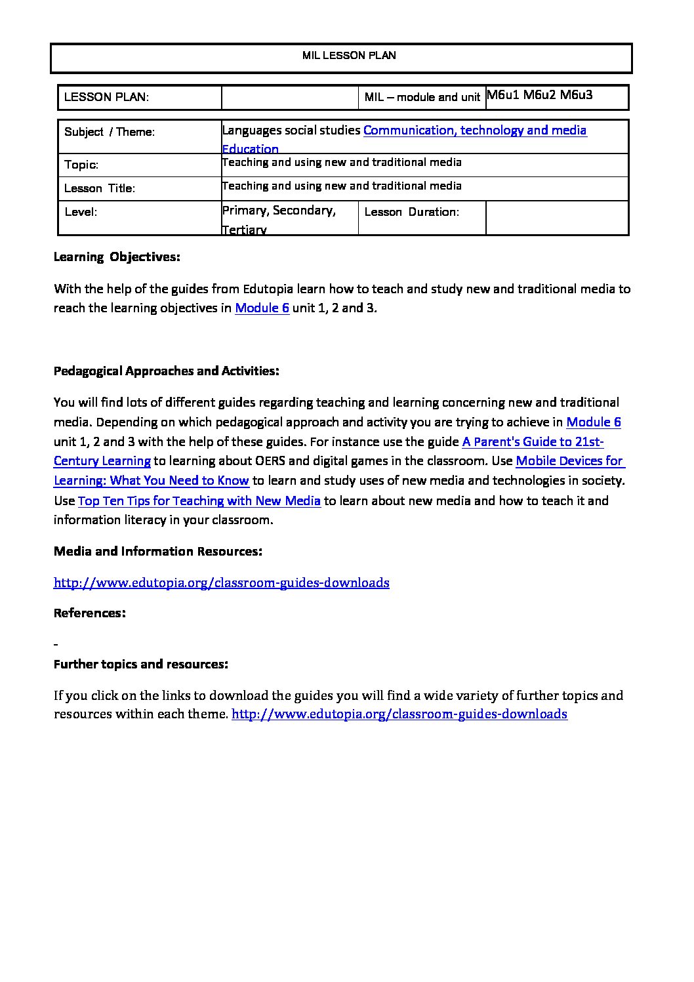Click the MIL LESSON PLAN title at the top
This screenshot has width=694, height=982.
(349, 56)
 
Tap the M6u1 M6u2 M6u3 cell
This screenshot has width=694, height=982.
(539, 94)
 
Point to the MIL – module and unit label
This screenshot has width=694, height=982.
(422, 98)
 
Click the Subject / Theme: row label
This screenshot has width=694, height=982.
(110, 132)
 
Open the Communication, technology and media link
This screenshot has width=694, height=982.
(475, 130)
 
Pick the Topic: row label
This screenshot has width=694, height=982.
(81, 165)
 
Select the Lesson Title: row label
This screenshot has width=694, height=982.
(100, 188)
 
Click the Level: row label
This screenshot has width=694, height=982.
(81, 212)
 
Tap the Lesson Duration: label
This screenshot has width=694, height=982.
(411, 212)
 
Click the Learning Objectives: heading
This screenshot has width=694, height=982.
(117, 257)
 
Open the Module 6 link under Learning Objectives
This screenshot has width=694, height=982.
(262, 308)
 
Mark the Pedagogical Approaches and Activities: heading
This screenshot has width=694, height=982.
(166, 371)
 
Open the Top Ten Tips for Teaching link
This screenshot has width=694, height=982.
(199, 501)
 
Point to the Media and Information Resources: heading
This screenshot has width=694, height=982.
(158, 552)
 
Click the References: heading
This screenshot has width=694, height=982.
(89, 613)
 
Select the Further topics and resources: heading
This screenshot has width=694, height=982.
(141, 665)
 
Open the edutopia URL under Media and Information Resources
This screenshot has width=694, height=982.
(222, 583)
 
